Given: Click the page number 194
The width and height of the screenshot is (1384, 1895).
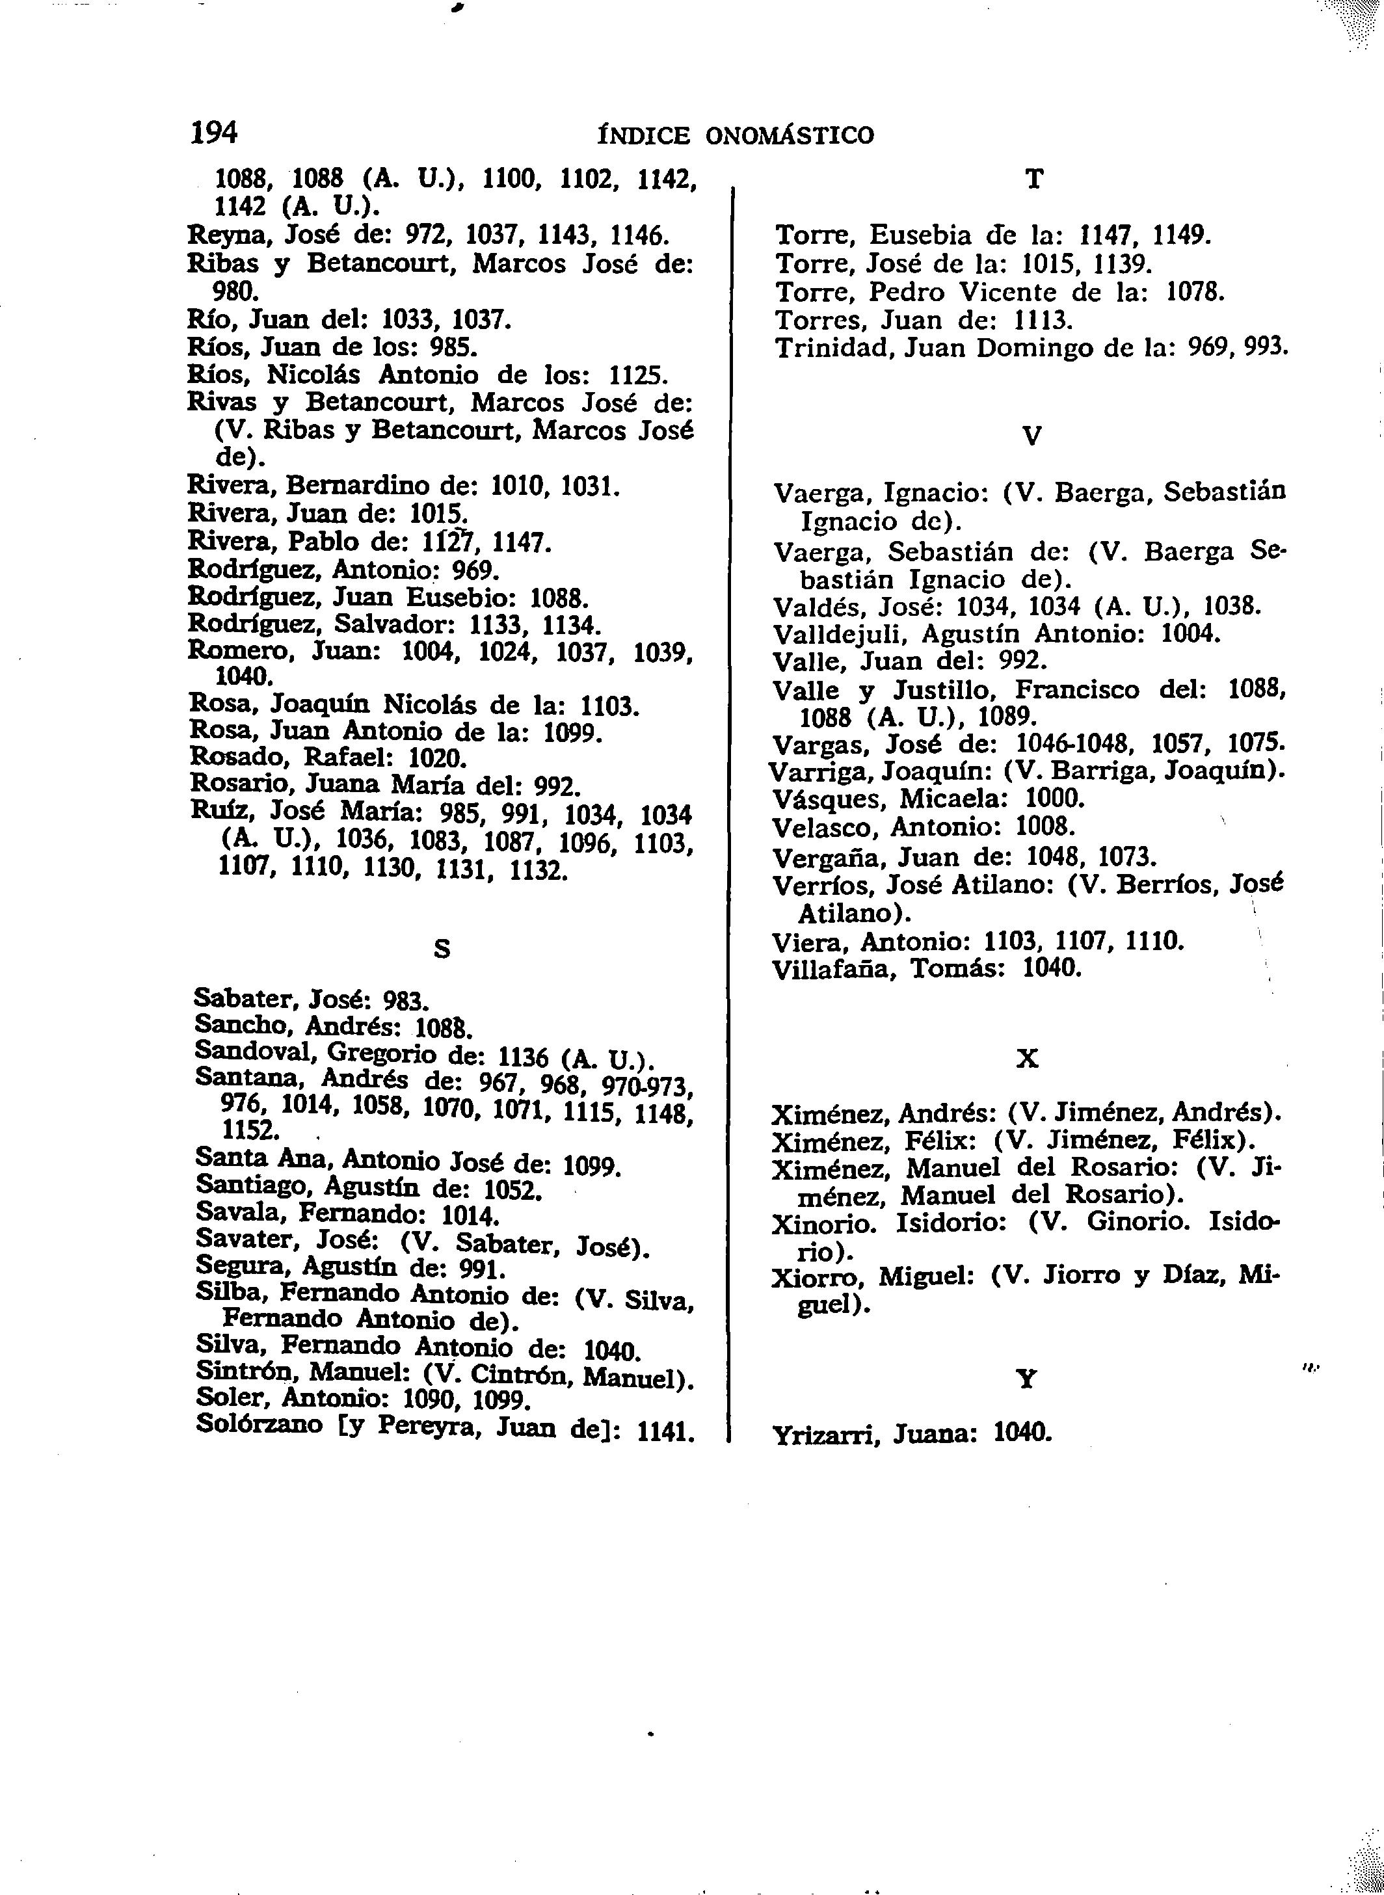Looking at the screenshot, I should click(215, 133).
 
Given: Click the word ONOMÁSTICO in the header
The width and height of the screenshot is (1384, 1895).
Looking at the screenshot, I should click(789, 136).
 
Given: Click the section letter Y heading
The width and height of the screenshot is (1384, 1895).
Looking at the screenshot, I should click(1026, 1378).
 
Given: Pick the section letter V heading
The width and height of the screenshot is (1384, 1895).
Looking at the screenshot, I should click(1033, 436).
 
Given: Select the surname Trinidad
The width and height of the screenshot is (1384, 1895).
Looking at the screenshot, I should click(823, 348).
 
